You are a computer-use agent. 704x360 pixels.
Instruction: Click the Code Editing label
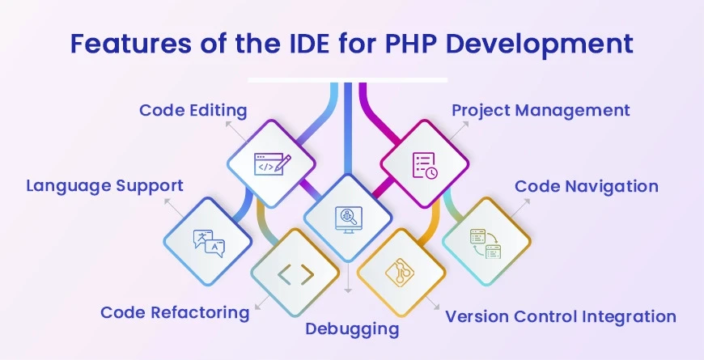point(193,110)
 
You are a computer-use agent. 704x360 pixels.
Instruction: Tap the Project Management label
point(541,110)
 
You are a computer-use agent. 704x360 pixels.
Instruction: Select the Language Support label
point(104,186)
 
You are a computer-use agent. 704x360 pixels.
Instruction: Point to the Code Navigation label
point(587,186)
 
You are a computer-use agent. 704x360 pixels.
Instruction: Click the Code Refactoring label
point(175,312)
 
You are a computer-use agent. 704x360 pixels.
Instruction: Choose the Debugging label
point(352,329)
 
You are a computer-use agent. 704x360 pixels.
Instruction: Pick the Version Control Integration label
point(560,316)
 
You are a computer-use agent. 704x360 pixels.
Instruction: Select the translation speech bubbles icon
point(208,242)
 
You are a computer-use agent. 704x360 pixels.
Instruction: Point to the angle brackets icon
point(295,275)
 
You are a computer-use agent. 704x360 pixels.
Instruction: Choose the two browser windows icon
point(486,242)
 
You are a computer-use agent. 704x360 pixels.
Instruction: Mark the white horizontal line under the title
point(347,80)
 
